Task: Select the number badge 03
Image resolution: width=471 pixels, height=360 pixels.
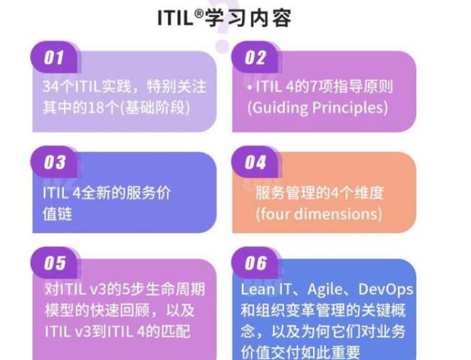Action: (54, 162)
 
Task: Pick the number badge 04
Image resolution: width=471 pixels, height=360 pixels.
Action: (255, 162)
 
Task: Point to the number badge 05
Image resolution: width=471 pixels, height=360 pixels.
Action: (54, 264)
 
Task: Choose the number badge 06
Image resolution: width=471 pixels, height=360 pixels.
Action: (255, 264)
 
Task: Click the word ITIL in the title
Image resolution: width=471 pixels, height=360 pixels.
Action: (175, 18)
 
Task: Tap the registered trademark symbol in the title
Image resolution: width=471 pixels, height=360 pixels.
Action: (199, 12)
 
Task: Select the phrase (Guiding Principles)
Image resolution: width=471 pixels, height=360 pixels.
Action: (317, 108)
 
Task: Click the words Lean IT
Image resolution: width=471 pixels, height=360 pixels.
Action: (265, 290)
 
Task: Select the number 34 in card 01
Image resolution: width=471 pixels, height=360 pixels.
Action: (50, 88)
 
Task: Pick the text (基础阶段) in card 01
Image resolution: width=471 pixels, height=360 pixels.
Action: (158, 108)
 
